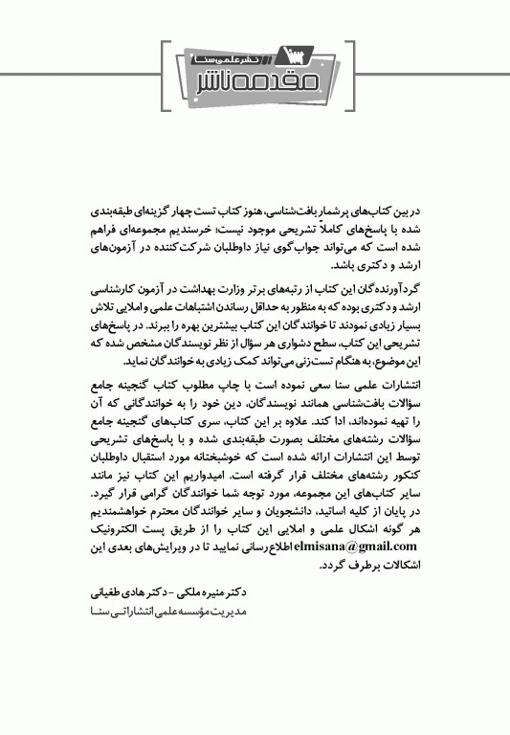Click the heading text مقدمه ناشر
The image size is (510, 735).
[x=255, y=77]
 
